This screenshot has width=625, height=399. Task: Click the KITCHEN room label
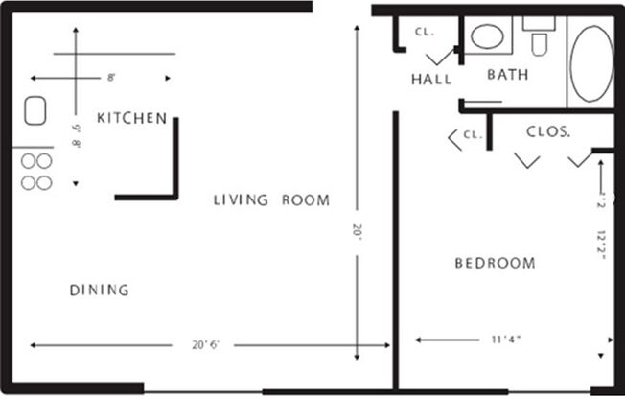[x=132, y=118]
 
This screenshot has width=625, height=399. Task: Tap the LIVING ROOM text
[x=271, y=200]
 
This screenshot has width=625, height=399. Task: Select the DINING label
[x=99, y=290]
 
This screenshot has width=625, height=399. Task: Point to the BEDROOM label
[x=495, y=263]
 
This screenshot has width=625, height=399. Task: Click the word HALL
[x=431, y=80]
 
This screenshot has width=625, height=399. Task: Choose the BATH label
[x=509, y=74]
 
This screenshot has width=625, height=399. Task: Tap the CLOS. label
[x=548, y=131]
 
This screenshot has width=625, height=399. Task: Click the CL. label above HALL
[x=425, y=31]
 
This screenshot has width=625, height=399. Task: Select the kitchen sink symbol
[x=35, y=113]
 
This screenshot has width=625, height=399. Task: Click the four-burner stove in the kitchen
[x=36, y=172]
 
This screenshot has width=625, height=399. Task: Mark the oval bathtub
[x=591, y=63]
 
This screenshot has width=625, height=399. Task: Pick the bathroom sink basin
[x=488, y=37]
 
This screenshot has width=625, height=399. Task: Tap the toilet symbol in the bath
[x=539, y=38]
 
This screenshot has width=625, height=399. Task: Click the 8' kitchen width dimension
[x=111, y=77]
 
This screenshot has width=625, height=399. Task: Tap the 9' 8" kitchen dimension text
[x=76, y=130]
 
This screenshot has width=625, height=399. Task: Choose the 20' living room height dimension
[x=359, y=230]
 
